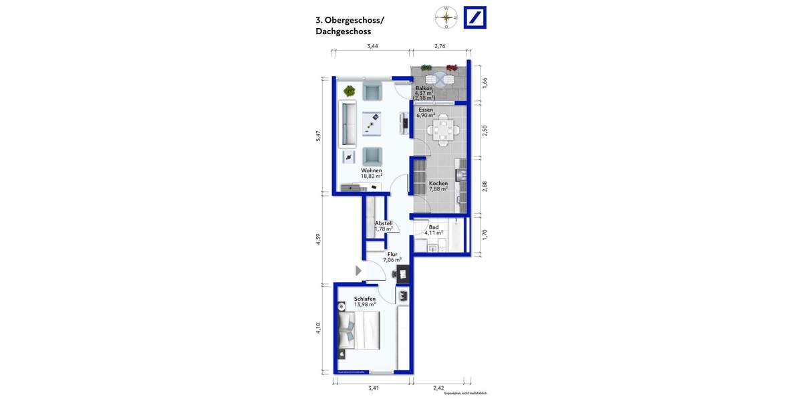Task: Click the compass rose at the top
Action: pos(446,17)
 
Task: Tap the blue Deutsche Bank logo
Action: pos(475,17)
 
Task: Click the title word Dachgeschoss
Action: pos(343,31)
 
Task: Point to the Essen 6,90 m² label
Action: pos(426,112)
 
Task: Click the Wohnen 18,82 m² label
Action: pos(372,173)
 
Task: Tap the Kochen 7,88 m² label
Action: pos(438,186)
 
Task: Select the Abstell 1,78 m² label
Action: pos(384,226)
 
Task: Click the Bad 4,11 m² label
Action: pos(434,230)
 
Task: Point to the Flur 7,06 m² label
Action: pos(392,257)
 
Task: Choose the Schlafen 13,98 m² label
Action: pos(365,301)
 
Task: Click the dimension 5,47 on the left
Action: pos(319,135)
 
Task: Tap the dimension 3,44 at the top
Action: pos(372,46)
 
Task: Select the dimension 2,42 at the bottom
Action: pos(438,388)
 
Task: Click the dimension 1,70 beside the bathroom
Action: pos(485,235)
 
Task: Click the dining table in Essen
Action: pos(442,129)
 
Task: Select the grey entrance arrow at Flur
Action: pos(358,271)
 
